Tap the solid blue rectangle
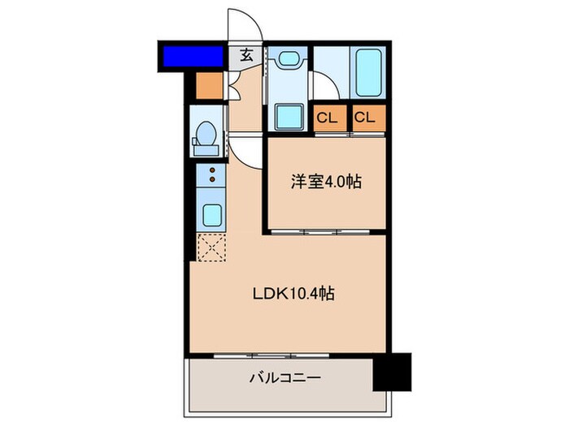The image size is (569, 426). pos(193,57)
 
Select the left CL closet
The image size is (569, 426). pos(328,118)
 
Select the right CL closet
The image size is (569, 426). pos(366,118)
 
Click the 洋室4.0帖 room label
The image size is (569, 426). pos(326,182)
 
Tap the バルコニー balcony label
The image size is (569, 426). pos(284,377)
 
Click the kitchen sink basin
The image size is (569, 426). pos(211,215)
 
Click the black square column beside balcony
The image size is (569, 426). pos(392,370)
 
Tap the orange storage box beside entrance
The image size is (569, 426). pos(209,86)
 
